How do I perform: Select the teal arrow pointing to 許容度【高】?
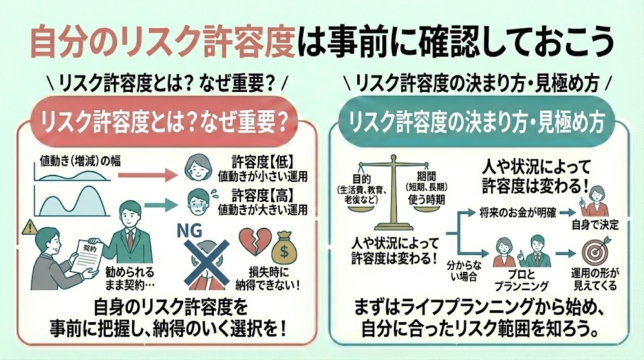tap(158, 203)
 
